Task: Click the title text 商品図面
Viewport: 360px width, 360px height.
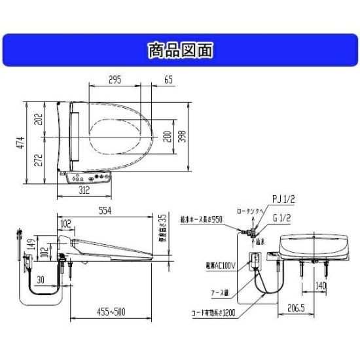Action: click(x=179, y=50)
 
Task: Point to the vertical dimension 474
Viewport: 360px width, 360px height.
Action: click(x=20, y=143)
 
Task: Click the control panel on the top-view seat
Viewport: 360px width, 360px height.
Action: click(x=90, y=177)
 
